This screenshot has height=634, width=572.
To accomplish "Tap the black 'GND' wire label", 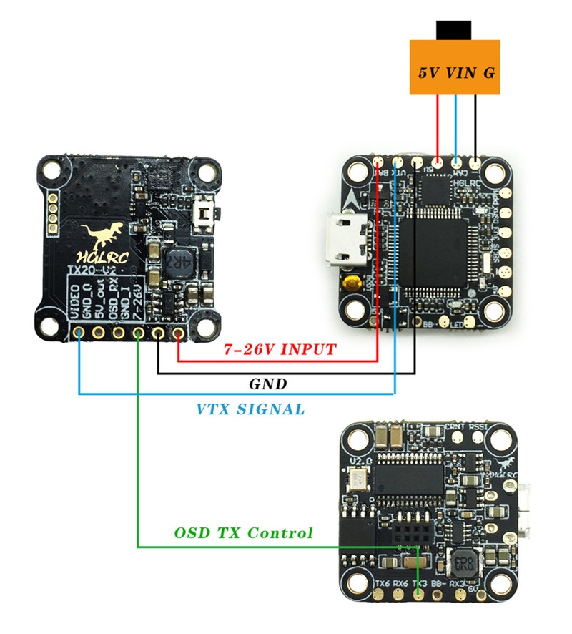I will [267, 384].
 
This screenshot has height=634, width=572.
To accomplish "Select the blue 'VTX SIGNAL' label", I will [250, 409].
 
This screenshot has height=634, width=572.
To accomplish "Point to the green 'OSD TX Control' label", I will [244, 533].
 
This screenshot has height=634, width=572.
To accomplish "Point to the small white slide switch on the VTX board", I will [207, 213].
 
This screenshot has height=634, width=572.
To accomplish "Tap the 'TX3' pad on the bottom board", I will [418, 594].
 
